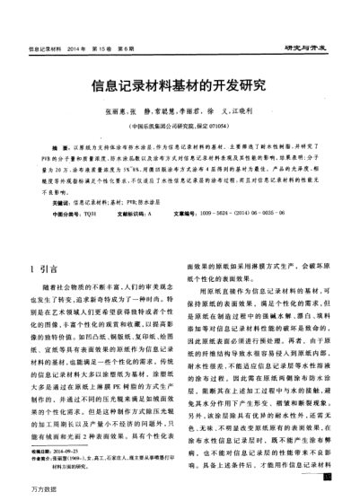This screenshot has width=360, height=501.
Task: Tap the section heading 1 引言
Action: pos(45,242)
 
